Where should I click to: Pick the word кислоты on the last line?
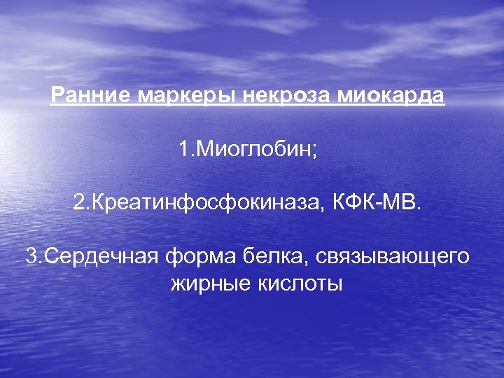[x=297, y=283]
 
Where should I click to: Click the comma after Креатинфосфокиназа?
[x=323, y=208]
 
